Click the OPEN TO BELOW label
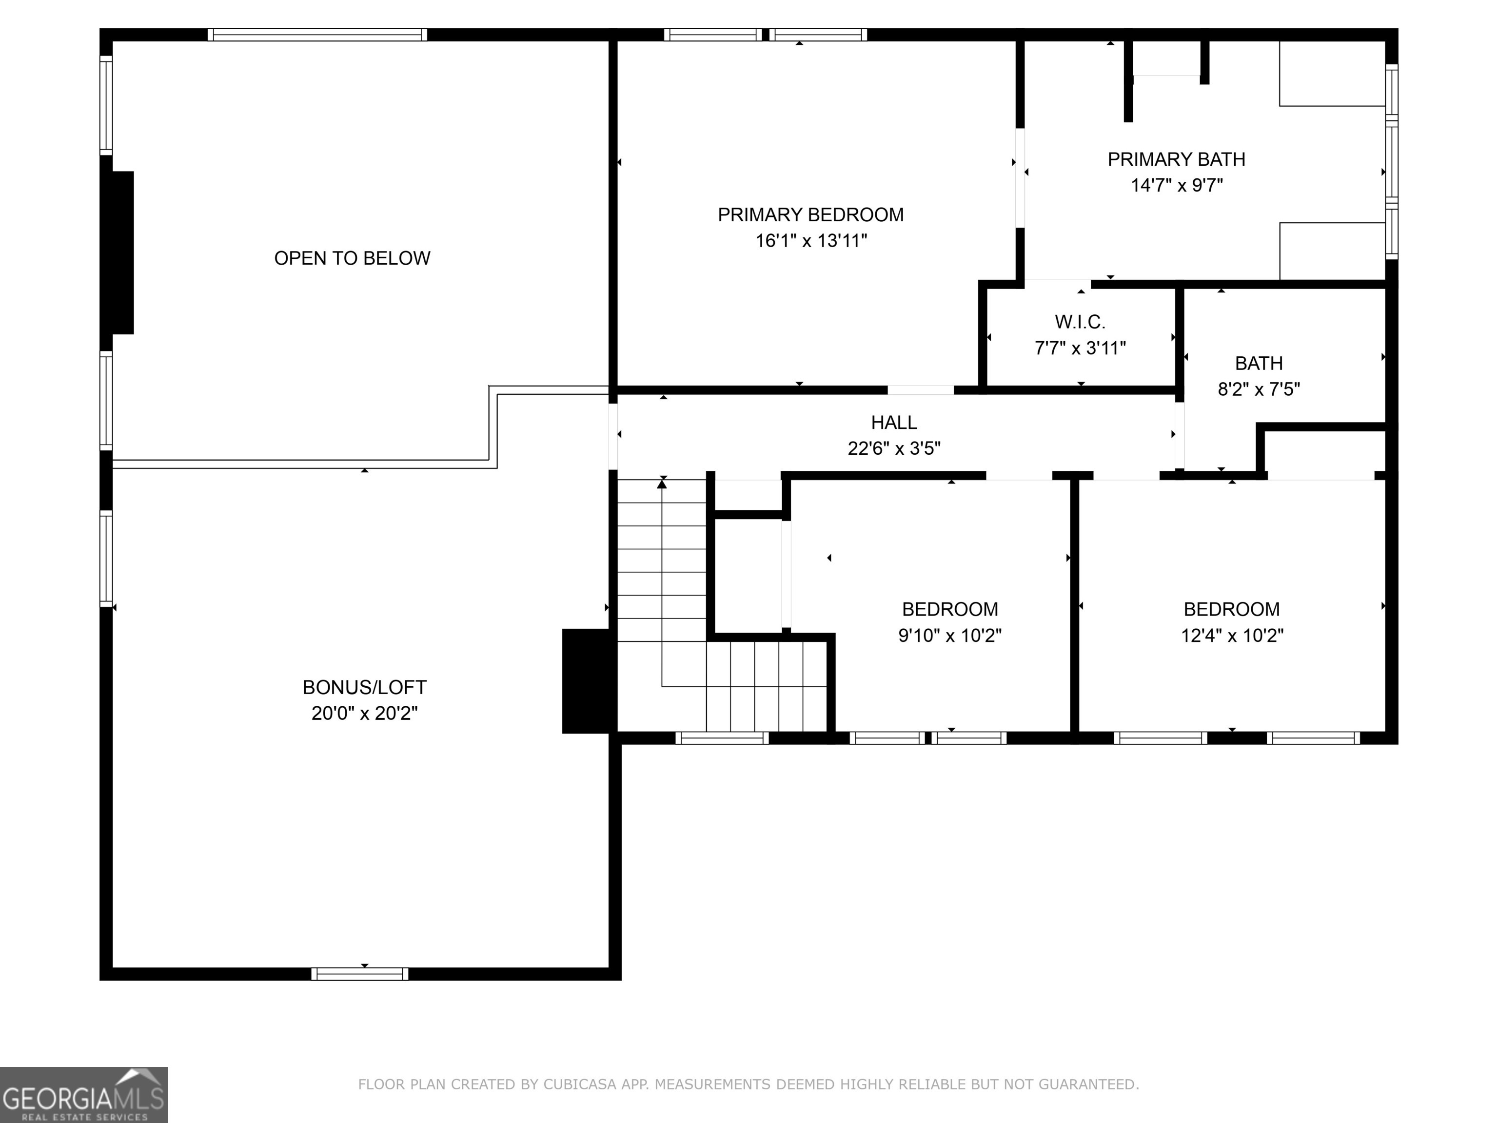pyautogui.click(x=352, y=258)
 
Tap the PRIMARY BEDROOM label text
pyautogui.click(x=810, y=214)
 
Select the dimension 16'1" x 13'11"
pyautogui.click(x=810, y=241)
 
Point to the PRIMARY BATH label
pyautogui.click(x=1176, y=159)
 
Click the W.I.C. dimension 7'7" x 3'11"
pyautogui.click(x=1080, y=348)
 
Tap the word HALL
pyautogui.click(x=894, y=423)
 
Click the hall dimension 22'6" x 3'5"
pyautogui.click(x=894, y=448)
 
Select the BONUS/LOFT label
pyautogui.click(x=364, y=687)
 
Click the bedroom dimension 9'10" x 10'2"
pyautogui.click(x=949, y=636)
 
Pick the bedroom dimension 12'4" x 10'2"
pyautogui.click(x=1232, y=636)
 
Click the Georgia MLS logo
pyautogui.click(x=83, y=1095)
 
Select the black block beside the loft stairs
pyautogui.click(x=587, y=681)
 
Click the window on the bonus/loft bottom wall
pyautogui.click(x=359, y=974)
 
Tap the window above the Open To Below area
pyautogui.click(x=317, y=35)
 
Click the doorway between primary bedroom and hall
pyautogui.click(x=920, y=390)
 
